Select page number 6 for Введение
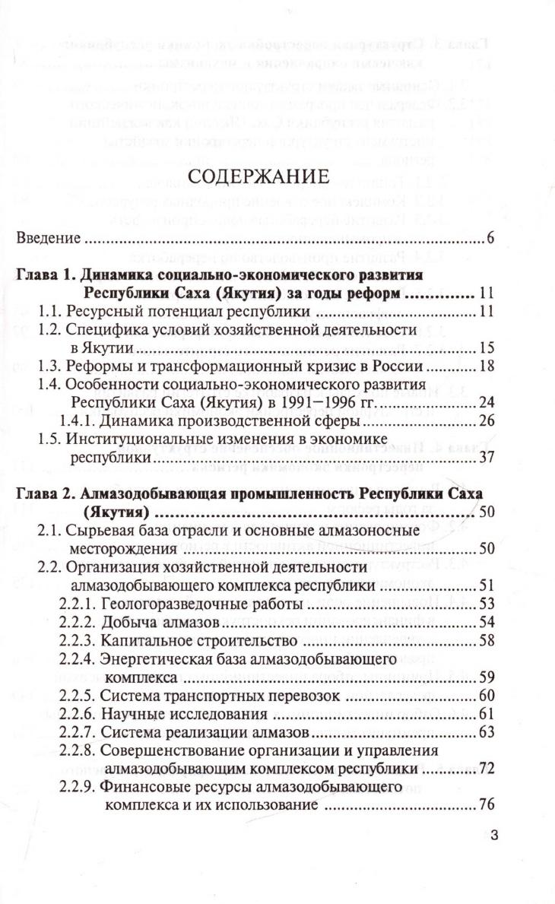pyautogui.click(x=491, y=239)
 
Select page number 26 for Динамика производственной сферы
pyautogui.click(x=487, y=421)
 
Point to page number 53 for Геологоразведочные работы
pyautogui.click(x=487, y=604)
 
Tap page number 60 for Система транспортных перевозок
pyautogui.click(x=487, y=696)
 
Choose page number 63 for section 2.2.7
pyautogui.click(x=487, y=732)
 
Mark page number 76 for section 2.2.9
pyautogui.click(x=487, y=805)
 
